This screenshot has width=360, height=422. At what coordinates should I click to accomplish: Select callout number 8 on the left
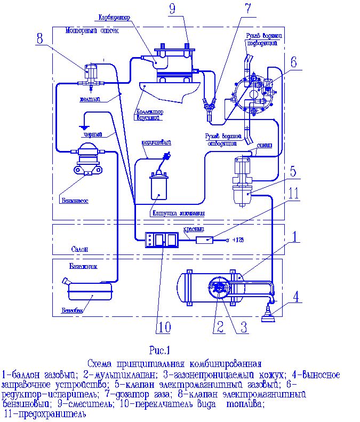coord(40,39)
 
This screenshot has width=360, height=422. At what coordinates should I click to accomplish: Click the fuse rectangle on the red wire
coord(204,240)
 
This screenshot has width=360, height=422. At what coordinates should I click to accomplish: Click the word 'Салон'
coord(79,249)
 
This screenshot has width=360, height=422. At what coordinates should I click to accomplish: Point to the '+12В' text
coord(239,241)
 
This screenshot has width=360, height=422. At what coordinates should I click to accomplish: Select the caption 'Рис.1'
coord(159,351)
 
